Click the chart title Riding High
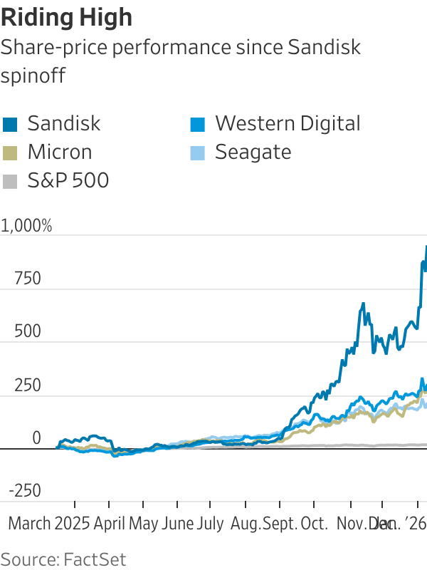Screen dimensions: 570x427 tap(67, 16)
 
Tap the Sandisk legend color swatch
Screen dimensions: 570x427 tap(10, 124)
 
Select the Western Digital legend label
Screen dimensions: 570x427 tap(288, 123)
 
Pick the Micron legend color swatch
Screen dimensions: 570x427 tap(10, 152)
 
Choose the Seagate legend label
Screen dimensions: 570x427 tap(253, 152)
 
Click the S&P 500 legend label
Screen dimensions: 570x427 tap(68, 180)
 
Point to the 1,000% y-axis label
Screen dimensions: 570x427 tap(27, 227)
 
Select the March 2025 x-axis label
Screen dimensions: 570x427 tap(49, 524)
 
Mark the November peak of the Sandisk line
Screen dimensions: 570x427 tap(363, 304)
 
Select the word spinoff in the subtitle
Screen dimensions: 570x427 tap(33, 76)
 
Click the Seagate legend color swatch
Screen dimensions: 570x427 tap(198, 152)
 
